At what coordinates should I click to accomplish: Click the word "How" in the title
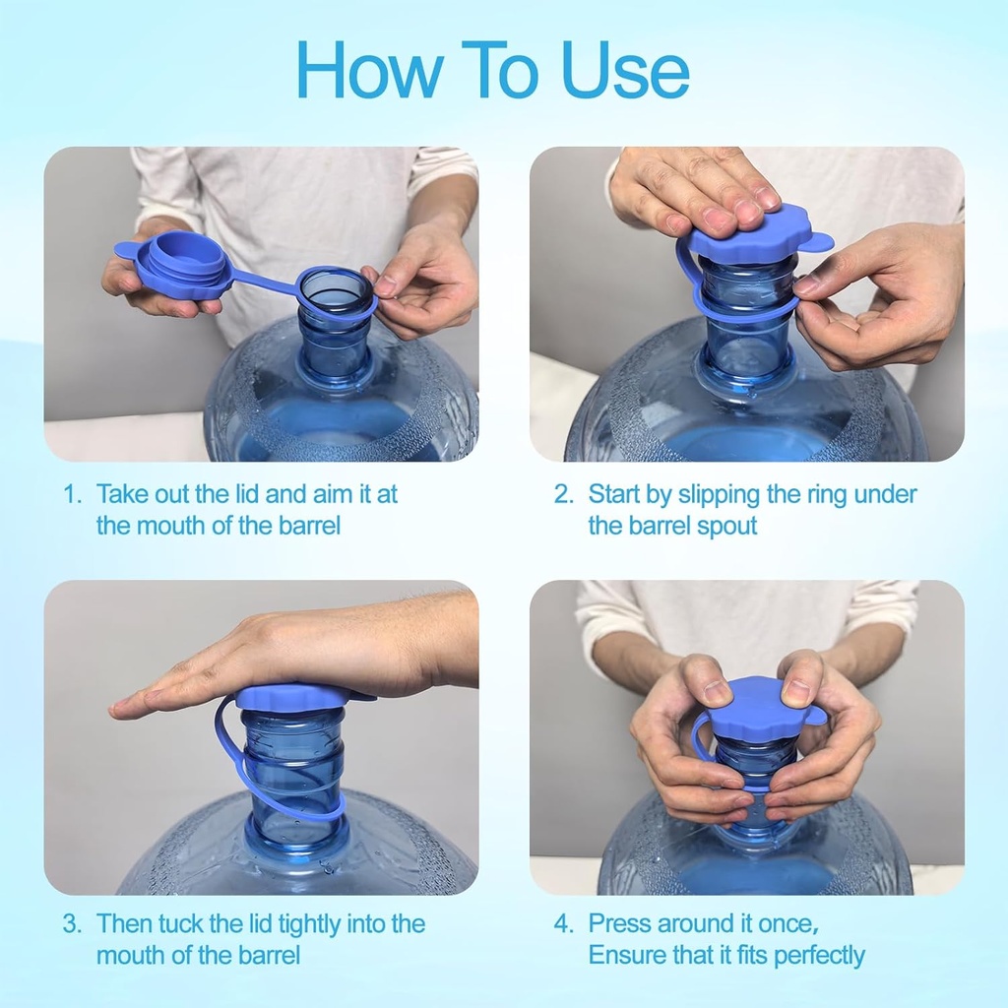369,70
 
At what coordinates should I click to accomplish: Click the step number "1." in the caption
72,494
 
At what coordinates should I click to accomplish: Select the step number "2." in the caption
563,494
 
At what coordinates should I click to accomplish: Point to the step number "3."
72,923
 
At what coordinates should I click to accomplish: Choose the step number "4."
563,923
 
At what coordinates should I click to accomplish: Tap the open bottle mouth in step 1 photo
336,289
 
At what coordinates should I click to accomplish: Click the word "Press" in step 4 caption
620,923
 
